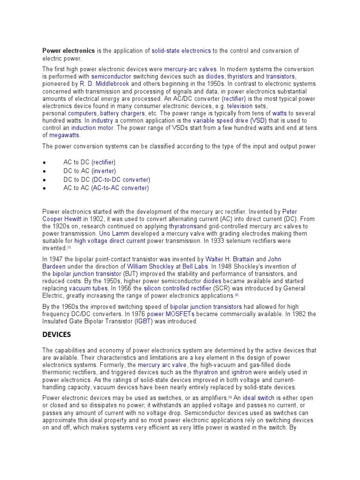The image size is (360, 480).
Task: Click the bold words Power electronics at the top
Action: click(x=69, y=51)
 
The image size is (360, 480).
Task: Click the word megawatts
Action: click(x=65, y=135)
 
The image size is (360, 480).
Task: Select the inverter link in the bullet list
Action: click(x=104, y=171)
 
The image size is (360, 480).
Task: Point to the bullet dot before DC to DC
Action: click(x=44, y=180)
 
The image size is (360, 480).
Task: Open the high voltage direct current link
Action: click(x=110, y=240)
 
